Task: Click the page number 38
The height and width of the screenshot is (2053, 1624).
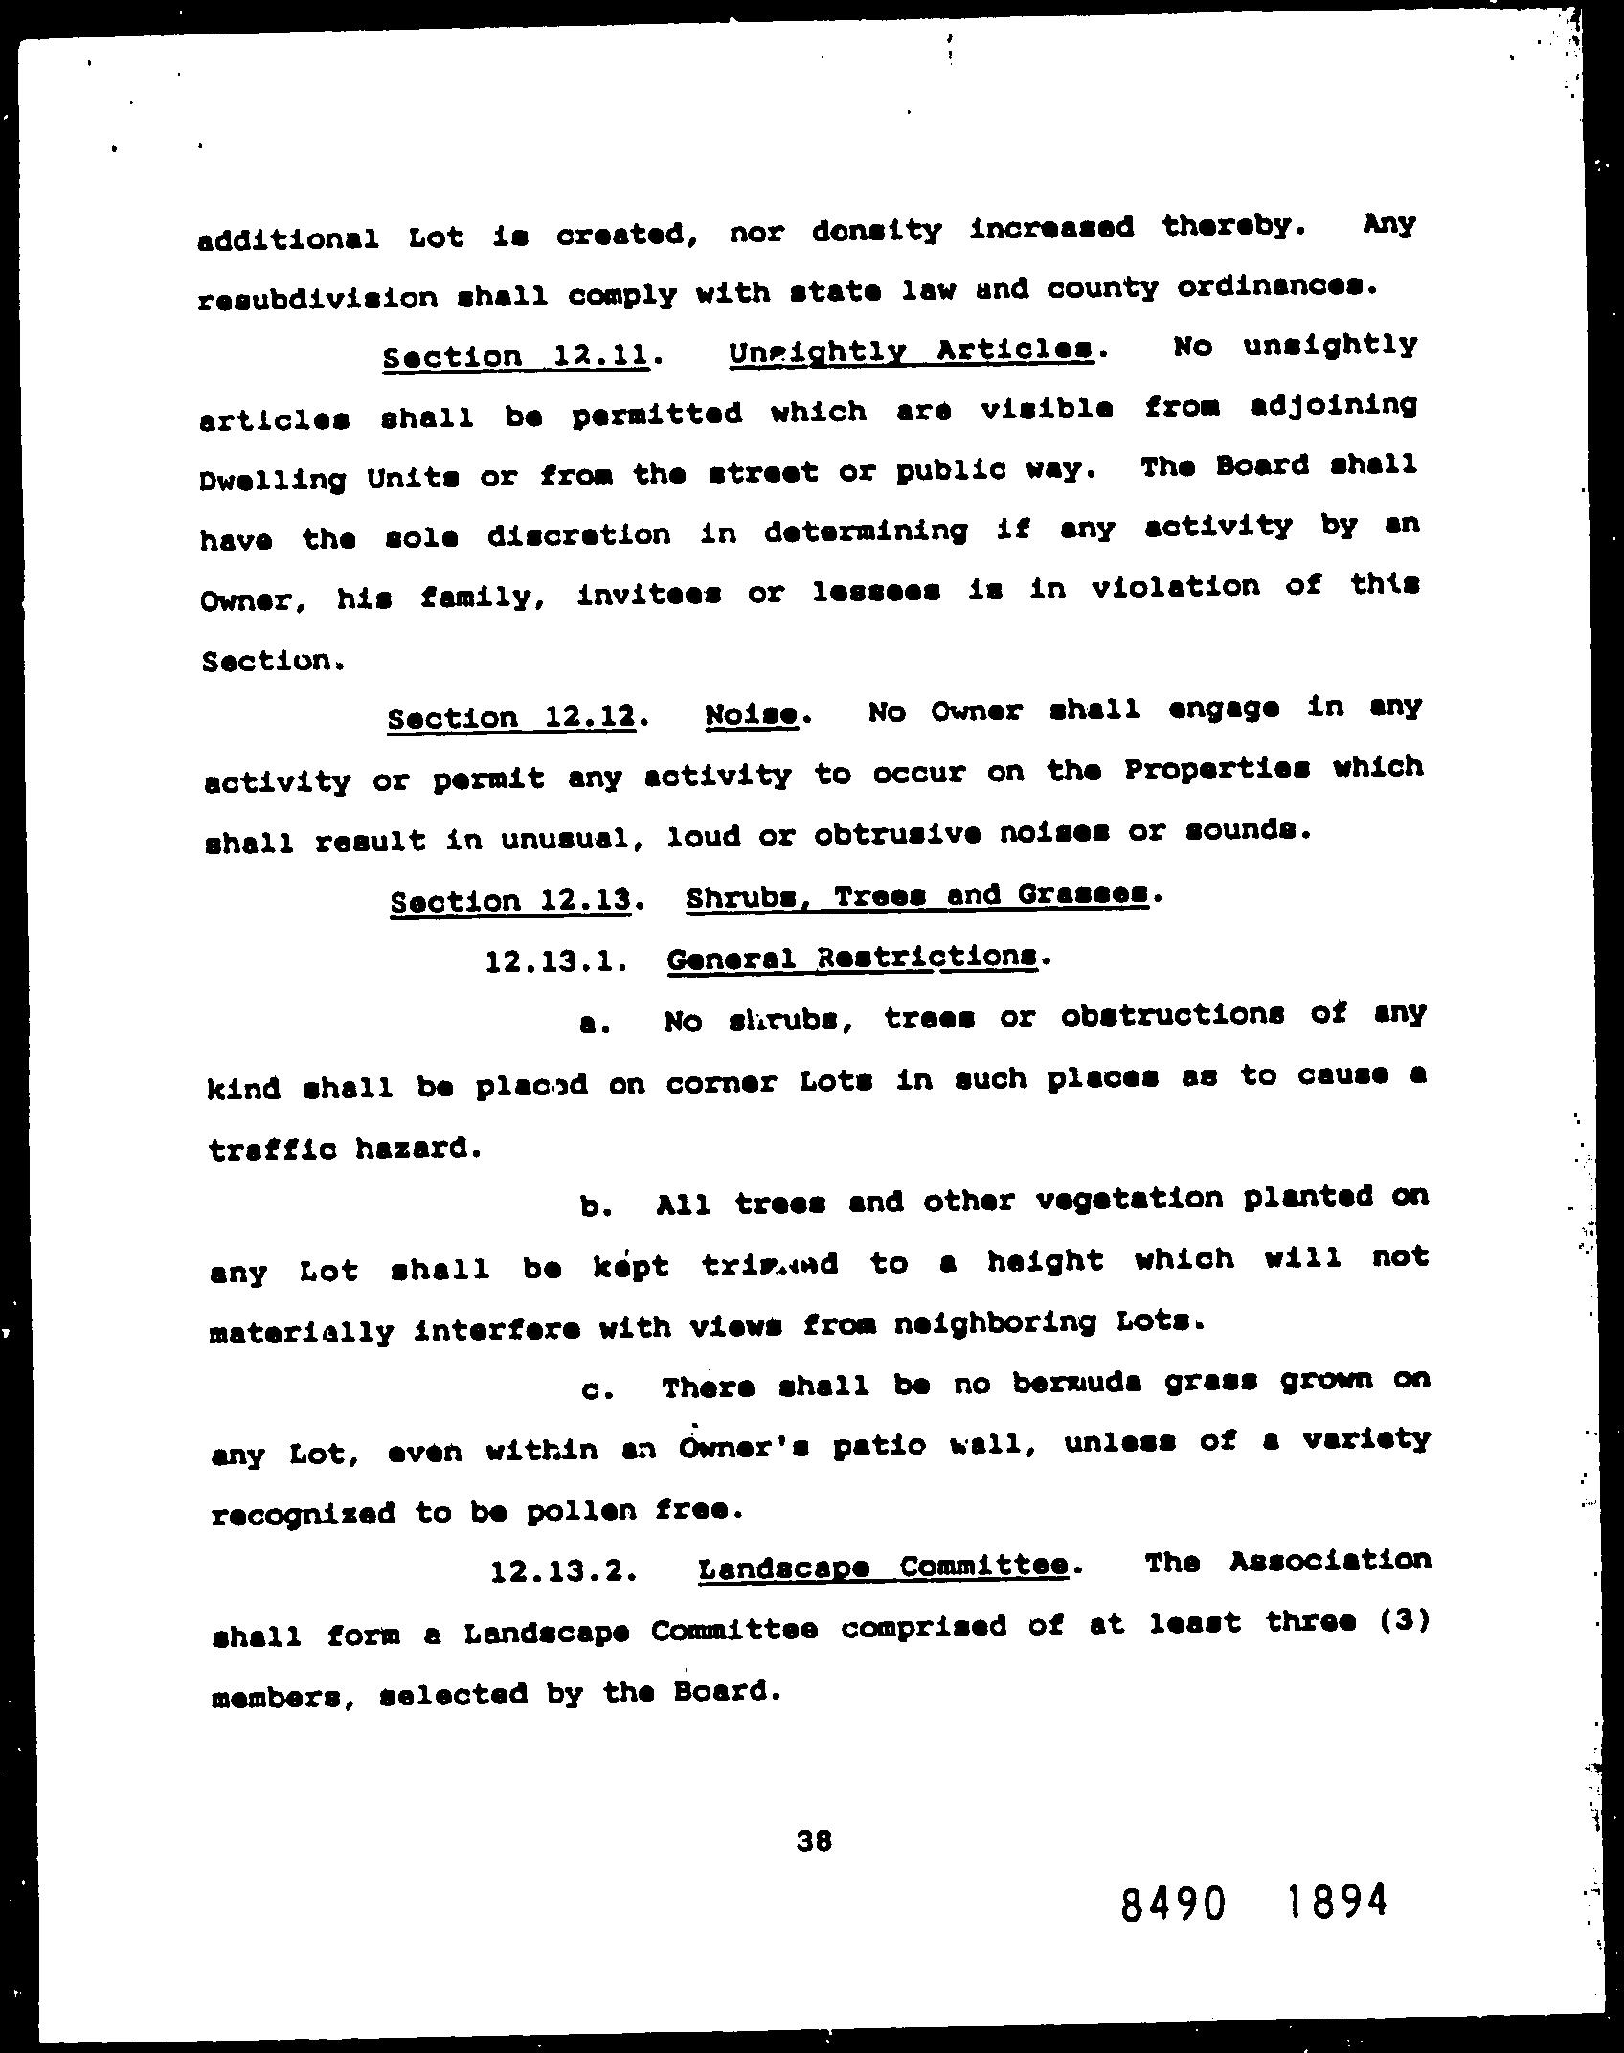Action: pos(813,1839)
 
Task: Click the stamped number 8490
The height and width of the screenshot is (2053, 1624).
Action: pos(1172,1905)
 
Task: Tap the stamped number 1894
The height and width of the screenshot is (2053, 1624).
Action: pos(1335,1900)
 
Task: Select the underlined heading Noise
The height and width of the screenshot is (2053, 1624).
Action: pos(752,714)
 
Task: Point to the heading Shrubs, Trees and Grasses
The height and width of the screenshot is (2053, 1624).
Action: pos(916,896)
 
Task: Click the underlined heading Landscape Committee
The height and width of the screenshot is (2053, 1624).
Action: pos(883,1567)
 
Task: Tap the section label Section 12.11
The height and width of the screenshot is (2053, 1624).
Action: pos(516,356)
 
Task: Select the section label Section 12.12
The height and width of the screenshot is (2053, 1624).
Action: pos(512,717)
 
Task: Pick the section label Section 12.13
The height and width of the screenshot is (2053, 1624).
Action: pos(511,900)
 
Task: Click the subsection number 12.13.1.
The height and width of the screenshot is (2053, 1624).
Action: pos(556,960)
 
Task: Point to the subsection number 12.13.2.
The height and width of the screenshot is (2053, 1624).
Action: pos(562,1571)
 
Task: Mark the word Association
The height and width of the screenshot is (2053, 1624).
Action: pos(1329,1561)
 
